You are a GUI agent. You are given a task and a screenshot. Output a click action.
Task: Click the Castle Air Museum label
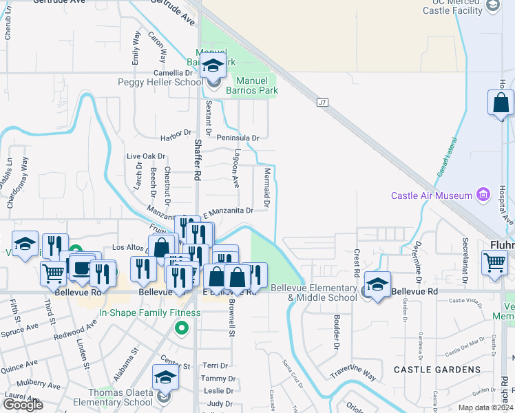pos(431,195)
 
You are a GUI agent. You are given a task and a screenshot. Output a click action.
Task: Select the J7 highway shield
pos(322,103)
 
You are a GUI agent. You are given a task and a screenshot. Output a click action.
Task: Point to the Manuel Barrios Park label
pos(249,85)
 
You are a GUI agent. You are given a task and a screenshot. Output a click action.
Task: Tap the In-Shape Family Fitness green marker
pos(182,328)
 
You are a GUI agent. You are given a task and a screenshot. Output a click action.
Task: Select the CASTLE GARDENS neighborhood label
pos(437,370)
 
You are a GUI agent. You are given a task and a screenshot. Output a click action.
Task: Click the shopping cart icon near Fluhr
pos(494,262)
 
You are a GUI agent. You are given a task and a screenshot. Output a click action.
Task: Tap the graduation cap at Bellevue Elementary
pos(377,284)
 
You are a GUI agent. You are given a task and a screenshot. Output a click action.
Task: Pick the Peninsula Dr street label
pos(238,138)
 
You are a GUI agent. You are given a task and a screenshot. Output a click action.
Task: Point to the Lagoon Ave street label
pos(236,169)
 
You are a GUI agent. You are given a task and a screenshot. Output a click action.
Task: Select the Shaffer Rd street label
pos(198,160)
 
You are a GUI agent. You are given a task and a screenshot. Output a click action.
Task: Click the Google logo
pos(23,405)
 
